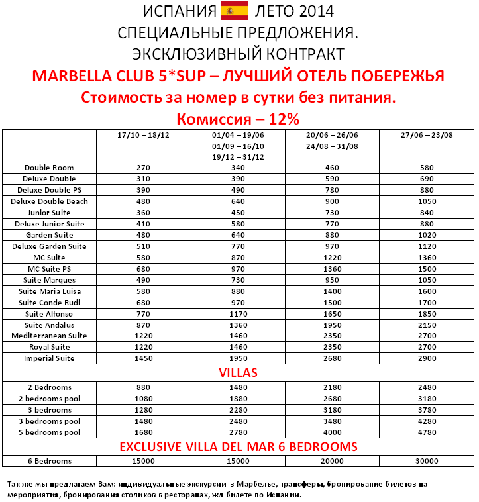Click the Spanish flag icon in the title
(233, 11)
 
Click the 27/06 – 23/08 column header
(427, 135)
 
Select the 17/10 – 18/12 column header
(143, 135)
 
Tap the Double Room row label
(49, 168)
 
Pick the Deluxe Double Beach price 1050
(427, 201)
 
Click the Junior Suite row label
(49, 213)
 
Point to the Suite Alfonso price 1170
(238, 314)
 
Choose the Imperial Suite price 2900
(427, 358)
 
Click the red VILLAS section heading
(238, 373)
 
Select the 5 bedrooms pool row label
(49, 432)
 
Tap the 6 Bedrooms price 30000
(427, 461)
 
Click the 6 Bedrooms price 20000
(333, 461)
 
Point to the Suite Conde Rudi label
(49, 303)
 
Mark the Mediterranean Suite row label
(49, 336)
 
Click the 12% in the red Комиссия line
(285, 119)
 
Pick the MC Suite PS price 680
(143, 269)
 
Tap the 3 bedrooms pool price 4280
(427, 421)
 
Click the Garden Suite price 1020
(427, 235)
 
